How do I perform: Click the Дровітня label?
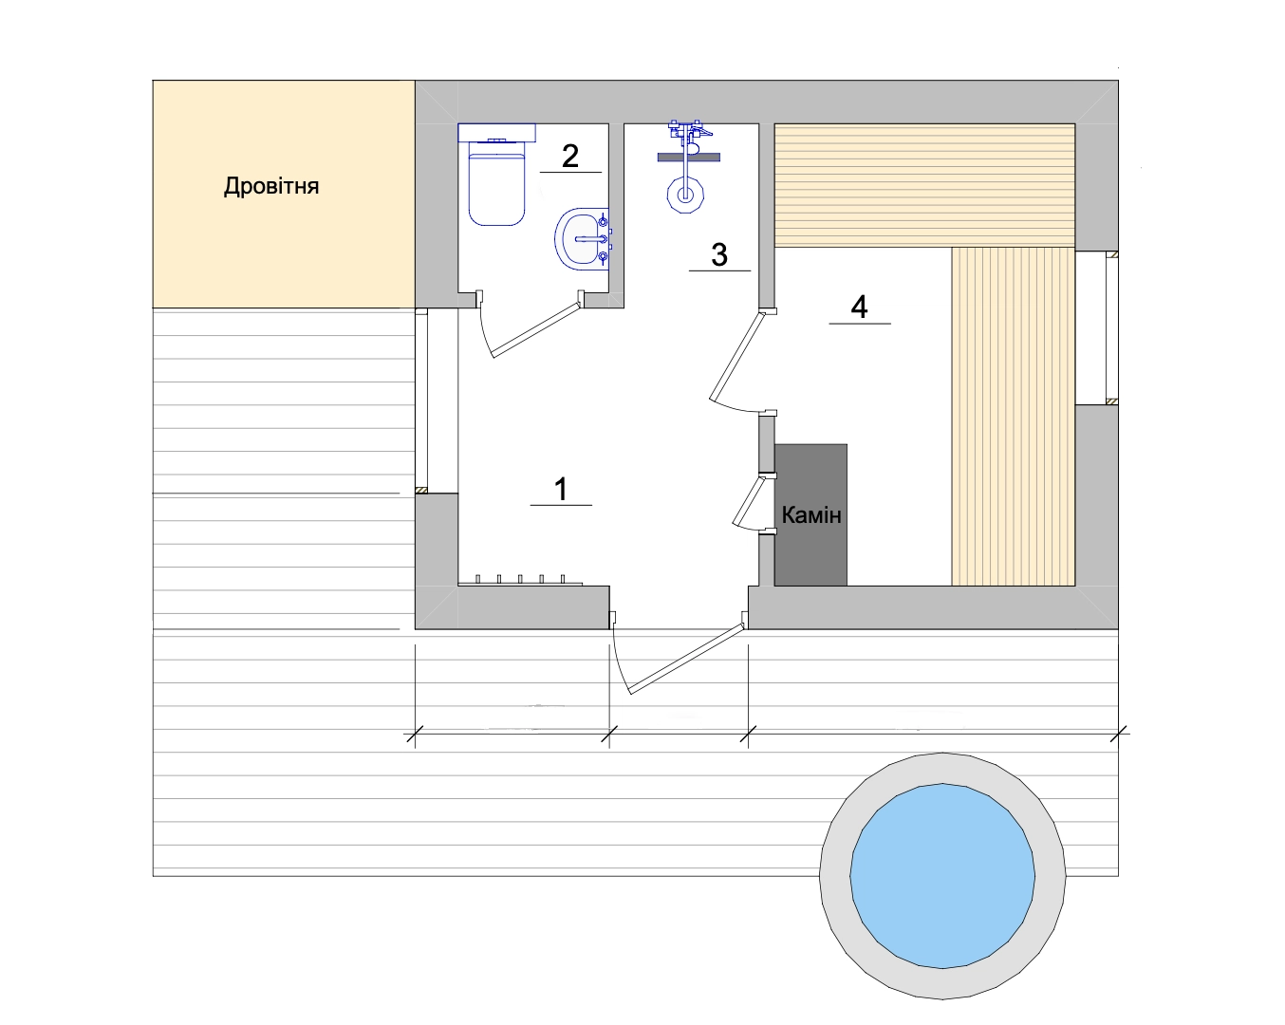click(x=271, y=186)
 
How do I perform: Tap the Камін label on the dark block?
click(x=810, y=515)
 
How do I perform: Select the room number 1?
click(x=561, y=489)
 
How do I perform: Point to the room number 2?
click(x=570, y=157)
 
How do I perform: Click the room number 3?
click(x=719, y=255)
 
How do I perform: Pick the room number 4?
click(x=859, y=307)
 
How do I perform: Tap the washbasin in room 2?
click(x=582, y=239)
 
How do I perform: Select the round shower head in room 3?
click(x=685, y=195)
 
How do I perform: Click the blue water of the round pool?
click(x=942, y=876)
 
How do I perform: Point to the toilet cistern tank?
click(x=496, y=133)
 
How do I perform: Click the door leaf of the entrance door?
click(x=687, y=659)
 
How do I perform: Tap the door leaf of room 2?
click(x=535, y=330)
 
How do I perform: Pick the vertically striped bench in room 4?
click(x=1013, y=417)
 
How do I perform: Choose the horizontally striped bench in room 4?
click(x=924, y=185)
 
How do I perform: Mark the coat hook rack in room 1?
click(x=520, y=580)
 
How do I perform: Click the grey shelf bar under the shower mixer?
click(x=688, y=158)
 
